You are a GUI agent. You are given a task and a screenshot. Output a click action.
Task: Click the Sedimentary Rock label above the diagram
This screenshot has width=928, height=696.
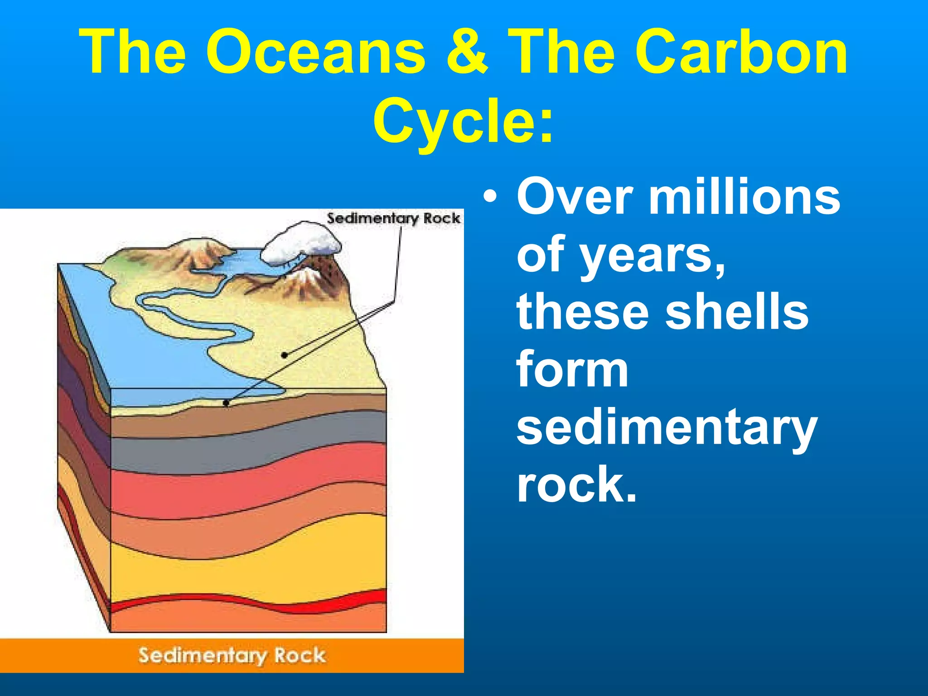pyautogui.click(x=393, y=218)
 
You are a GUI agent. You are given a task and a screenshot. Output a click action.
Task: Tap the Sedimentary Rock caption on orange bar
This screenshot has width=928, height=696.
pyautogui.click(x=232, y=656)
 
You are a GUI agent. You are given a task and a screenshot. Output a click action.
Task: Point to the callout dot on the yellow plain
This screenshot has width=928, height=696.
pyautogui.click(x=284, y=355)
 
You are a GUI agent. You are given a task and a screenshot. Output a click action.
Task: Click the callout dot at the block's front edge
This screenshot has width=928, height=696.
pyautogui.click(x=226, y=403)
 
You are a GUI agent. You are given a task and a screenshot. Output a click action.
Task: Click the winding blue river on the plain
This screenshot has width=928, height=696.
pyautogui.click(x=190, y=317)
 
